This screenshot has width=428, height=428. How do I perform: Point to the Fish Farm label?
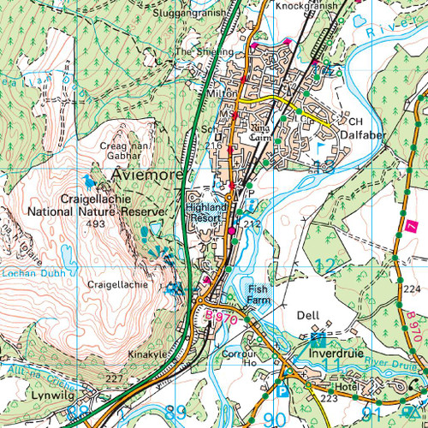[x=258, y=295]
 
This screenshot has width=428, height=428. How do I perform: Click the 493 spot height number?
[x=95, y=223]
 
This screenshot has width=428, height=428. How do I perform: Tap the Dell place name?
[x=307, y=315]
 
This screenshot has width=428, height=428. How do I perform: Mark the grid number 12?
[x=324, y=265]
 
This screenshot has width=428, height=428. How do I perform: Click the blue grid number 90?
[x=274, y=419]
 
